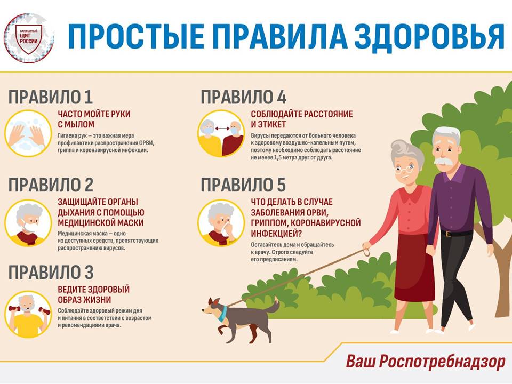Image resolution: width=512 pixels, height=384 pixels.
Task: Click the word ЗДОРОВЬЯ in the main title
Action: point(430,36)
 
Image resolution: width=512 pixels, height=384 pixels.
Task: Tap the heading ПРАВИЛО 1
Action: point(51,97)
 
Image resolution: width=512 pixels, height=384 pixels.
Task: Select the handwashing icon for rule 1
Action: point(28,133)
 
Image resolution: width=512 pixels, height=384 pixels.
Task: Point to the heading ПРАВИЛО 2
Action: point(51,185)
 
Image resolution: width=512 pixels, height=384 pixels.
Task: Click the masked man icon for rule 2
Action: point(28,223)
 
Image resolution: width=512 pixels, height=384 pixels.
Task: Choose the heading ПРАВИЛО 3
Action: point(51,273)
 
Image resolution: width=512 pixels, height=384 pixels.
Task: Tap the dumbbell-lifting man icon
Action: point(28,314)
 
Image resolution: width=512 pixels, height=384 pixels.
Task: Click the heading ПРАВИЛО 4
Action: point(244,97)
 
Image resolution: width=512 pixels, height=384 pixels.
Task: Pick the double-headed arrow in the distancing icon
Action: point(222,129)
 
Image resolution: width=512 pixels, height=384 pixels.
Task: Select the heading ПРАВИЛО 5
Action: point(243,185)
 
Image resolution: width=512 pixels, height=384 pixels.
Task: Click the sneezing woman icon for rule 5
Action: point(221,223)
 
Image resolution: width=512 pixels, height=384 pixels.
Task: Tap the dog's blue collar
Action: point(223,313)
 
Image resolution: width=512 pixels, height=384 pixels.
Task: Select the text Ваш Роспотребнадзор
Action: point(426,362)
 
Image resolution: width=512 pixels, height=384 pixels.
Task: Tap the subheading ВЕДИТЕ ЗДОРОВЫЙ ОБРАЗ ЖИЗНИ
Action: point(94,294)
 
